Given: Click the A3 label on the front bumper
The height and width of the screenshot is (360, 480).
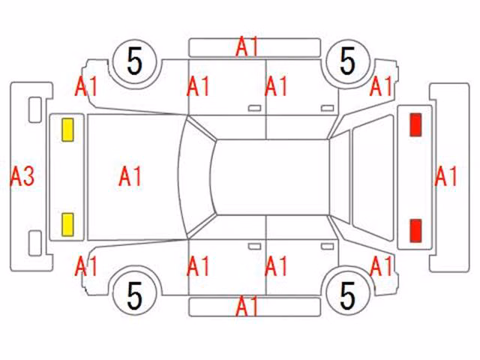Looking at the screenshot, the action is [x=22, y=177].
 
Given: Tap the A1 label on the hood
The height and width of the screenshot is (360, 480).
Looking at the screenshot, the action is [x=130, y=177].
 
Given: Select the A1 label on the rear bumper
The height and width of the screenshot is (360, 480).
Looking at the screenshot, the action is [x=446, y=177].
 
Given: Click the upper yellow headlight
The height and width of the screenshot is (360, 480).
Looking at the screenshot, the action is [x=67, y=130].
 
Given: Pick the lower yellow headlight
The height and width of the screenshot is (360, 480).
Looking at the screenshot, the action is [x=67, y=225].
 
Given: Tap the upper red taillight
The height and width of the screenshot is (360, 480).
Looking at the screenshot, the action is [x=415, y=124].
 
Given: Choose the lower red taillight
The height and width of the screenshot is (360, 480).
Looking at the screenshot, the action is [x=415, y=230].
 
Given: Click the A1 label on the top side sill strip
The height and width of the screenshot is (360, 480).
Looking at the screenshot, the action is [x=247, y=46].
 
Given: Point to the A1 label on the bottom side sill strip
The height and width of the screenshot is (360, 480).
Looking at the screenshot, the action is [x=247, y=306].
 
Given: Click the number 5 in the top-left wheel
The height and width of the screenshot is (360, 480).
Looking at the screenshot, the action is [x=135, y=61].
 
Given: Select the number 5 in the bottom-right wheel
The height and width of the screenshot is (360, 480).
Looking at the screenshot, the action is [x=348, y=295].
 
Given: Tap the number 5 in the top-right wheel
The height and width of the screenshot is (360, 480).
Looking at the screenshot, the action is [x=348, y=61].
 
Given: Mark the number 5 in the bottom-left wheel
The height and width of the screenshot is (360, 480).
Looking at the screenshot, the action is [x=135, y=295].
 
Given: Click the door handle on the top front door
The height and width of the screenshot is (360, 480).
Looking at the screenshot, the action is [x=254, y=108].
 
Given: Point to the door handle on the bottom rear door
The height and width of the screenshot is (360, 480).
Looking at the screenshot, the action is [x=327, y=247].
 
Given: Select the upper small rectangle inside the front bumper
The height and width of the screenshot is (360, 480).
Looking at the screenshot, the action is [x=35, y=110].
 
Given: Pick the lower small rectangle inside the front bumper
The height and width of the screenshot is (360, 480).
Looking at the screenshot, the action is [x=35, y=243].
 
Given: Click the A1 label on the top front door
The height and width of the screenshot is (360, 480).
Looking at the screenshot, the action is [x=198, y=87].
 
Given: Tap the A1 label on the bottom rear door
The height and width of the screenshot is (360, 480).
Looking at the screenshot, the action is [x=276, y=266].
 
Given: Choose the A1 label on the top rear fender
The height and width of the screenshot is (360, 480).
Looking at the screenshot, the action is [x=381, y=87].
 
